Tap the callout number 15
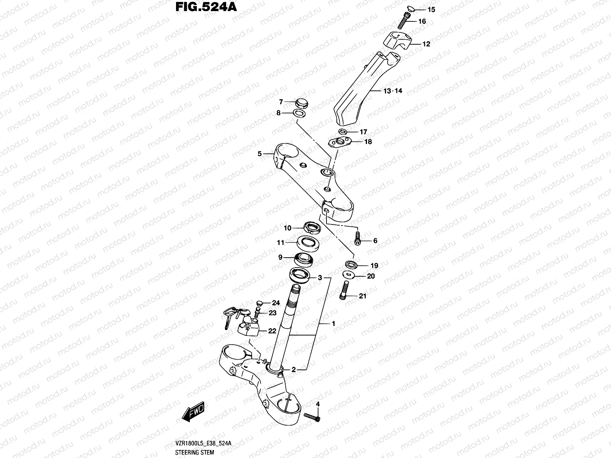click(420, 9)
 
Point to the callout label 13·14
click(393, 91)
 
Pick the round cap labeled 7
click(302, 103)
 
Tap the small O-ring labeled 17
click(343, 132)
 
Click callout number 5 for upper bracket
click(260, 154)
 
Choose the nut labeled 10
click(312, 228)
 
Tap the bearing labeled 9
click(304, 259)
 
